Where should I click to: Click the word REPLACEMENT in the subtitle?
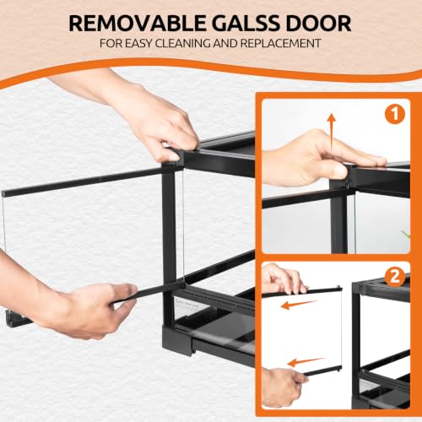(280, 44)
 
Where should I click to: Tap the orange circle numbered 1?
(395, 115)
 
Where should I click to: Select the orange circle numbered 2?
(395, 276)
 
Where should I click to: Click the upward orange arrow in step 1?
(332, 132)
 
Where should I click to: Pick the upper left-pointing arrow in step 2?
(299, 305)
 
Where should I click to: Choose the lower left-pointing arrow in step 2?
(306, 362)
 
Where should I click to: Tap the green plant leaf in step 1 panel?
(406, 234)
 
